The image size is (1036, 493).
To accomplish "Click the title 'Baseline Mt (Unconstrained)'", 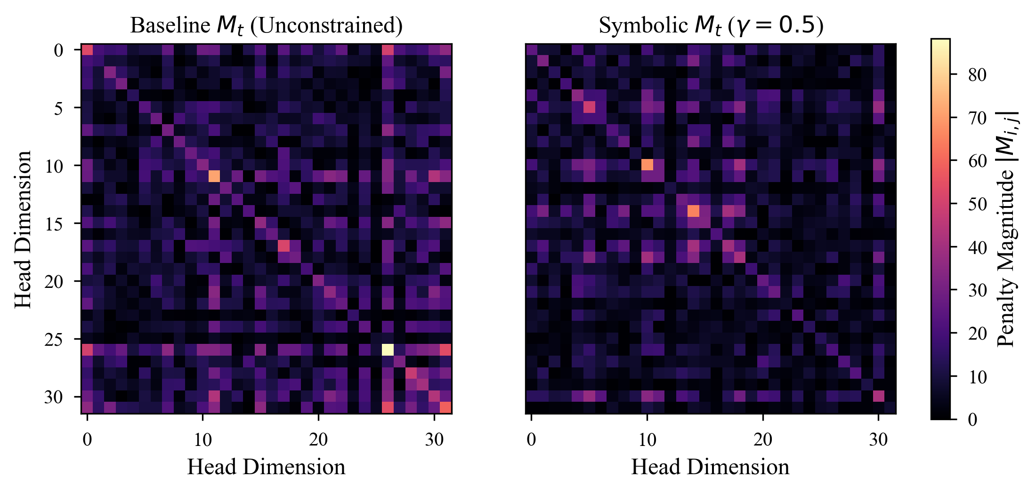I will [x=266, y=25].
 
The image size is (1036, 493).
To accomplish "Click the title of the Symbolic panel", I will [x=711, y=25].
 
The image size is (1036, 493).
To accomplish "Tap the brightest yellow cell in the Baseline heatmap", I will [x=388, y=350].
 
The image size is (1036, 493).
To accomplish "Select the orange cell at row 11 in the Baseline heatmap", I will [x=214, y=176].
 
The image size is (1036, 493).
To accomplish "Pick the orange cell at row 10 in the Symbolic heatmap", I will [x=647, y=165].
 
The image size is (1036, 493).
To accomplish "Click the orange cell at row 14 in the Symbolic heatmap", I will [x=693, y=211].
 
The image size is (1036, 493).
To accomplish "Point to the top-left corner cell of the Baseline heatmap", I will [x=87, y=49].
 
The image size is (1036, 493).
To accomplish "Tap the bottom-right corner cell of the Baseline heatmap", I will [x=445, y=407].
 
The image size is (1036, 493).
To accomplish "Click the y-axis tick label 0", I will [x=58, y=50].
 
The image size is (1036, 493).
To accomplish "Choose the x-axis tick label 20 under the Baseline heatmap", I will [x=318, y=440].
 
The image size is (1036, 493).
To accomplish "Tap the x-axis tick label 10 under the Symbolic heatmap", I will [x=647, y=440].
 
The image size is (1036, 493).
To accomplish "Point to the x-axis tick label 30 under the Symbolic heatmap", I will [x=878, y=440].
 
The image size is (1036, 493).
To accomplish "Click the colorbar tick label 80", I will [x=977, y=74].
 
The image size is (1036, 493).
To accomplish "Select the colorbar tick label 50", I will [x=977, y=204].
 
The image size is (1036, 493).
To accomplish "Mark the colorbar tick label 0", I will [x=972, y=419].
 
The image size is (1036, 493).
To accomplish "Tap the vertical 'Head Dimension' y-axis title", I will [x=23, y=229].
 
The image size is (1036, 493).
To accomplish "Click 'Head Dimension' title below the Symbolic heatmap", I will [x=710, y=467].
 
